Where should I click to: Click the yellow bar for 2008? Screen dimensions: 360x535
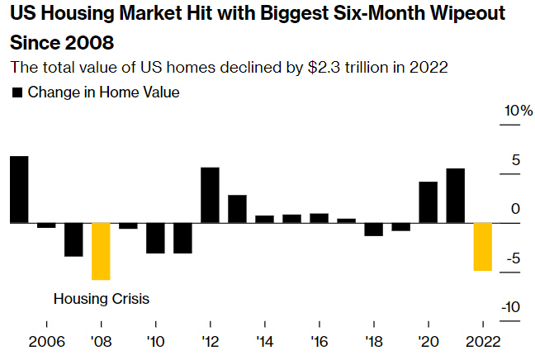(101, 251)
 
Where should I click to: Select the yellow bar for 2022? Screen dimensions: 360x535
(482, 246)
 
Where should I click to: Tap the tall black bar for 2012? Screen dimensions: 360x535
(210, 195)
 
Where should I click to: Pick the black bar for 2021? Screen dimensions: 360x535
(455, 196)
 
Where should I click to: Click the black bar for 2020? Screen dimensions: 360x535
(428, 202)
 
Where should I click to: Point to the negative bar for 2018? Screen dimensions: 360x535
(373, 229)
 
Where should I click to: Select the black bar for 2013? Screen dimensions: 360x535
(237, 209)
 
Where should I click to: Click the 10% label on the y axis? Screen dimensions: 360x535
(519, 111)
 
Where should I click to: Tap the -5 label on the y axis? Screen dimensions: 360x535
(516, 258)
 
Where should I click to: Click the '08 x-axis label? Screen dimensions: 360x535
(101, 341)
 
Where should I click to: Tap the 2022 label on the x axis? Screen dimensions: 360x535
(482, 341)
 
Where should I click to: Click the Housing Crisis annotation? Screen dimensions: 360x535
(101, 298)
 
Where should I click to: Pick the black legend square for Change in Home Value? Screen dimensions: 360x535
(17, 92)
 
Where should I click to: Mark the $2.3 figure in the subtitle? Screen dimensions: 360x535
(311, 68)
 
